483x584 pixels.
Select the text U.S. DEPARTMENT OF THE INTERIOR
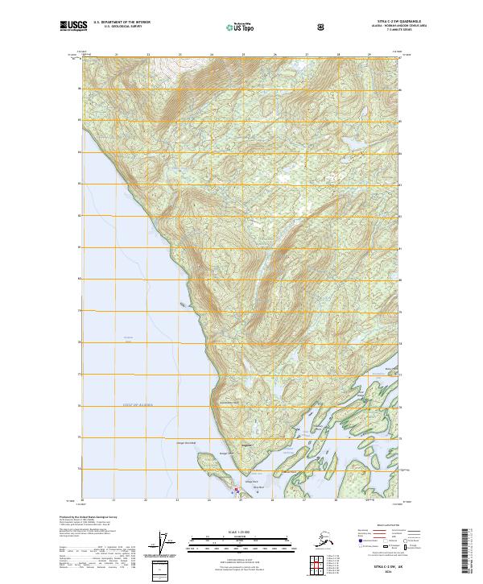[122, 22]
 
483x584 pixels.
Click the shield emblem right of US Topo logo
[321, 26]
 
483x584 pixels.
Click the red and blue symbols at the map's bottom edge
[236, 489]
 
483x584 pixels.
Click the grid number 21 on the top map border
[116, 55]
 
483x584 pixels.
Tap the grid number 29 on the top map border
[369, 55]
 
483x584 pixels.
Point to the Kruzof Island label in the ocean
[127, 338]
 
